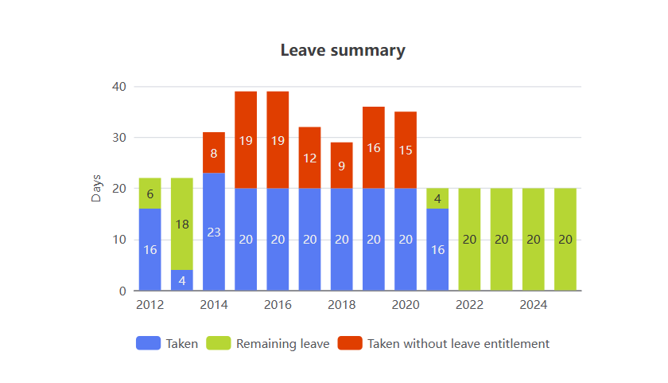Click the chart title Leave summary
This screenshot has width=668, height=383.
click(343, 50)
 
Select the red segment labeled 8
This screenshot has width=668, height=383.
click(214, 153)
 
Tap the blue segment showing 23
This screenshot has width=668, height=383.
click(214, 232)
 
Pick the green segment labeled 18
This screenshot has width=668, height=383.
click(182, 224)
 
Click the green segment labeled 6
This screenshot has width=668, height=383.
click(150, 193)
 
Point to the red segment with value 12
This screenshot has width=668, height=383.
click(309, 158)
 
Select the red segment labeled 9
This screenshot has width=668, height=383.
click(341, 166)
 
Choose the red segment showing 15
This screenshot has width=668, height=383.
click(406, 150)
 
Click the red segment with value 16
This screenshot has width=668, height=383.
click(374, 147)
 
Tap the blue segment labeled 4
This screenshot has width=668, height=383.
click(182, 280)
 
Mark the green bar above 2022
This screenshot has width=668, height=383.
click(469, 240)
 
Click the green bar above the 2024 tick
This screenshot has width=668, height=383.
click(533, 240)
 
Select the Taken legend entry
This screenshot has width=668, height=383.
click(167, 344)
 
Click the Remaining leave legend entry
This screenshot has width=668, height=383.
click(268, 344)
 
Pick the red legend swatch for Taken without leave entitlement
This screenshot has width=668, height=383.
click(350, 344)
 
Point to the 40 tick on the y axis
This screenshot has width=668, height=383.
click(118, 86)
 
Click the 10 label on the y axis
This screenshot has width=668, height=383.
click(118, 240)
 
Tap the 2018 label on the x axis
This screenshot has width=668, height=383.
click(341, 305)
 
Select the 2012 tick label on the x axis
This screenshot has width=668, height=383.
click(150, 305)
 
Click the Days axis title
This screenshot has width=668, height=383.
click(96, 188)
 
